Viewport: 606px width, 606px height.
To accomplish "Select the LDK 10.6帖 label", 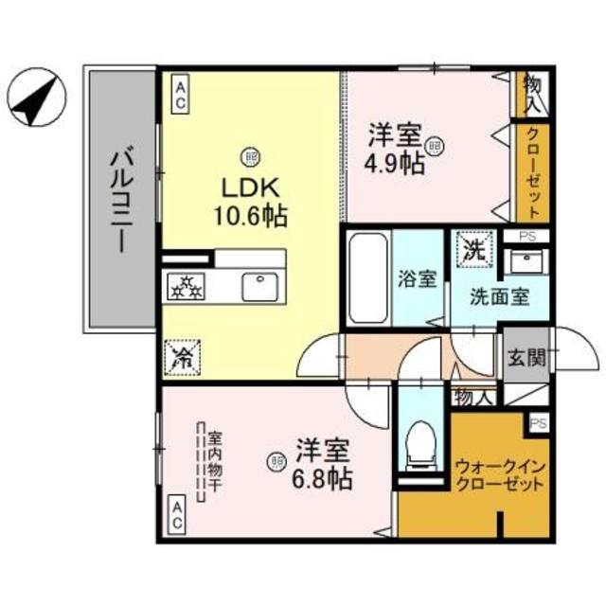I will tap(250, 199).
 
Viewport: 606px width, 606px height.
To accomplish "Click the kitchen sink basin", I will tap(257, 287).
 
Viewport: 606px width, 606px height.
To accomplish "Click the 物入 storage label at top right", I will tap(531, 93).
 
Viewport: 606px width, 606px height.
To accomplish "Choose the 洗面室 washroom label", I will tap(499, 295).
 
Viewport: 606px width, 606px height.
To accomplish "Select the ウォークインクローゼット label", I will tap(499, 474).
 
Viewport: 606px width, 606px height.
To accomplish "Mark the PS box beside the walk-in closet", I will tap(539, 423).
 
